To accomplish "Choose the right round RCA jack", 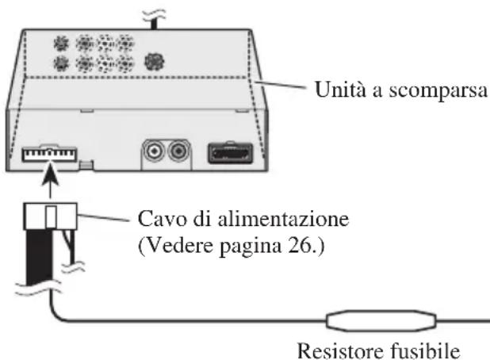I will point(180,150).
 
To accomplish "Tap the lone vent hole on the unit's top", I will point(151,60).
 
